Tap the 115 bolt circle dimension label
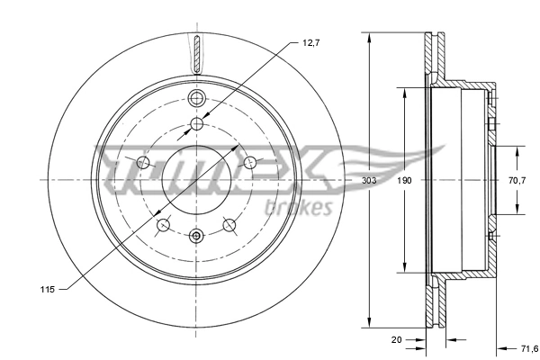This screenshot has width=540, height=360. coord(49,288)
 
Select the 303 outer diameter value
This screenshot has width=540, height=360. coord(368,180)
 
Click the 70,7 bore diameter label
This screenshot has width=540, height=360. coord(517,180)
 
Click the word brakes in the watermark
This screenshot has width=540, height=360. coord(300,208)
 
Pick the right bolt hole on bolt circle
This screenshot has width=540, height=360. coord(251,162)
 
